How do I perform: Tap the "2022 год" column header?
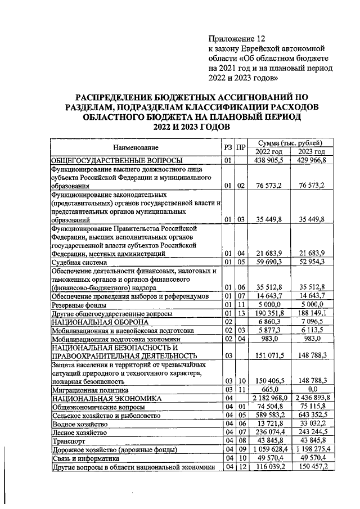pyautogui.click(x=269, y=152)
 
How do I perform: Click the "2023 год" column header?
pyautogui.click(x=312, y=152)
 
